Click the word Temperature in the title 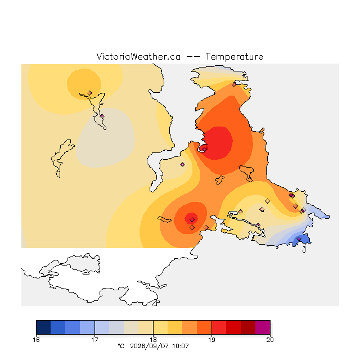click(234, 56)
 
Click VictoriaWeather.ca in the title click(138, 56)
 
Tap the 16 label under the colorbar click(36, 340)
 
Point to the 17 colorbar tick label click(94, 340)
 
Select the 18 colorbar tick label click(153, 340)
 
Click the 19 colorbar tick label click(211, 340)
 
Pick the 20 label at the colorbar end click(270, 340)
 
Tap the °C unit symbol click(121, 346)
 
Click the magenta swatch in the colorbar click(263, 327)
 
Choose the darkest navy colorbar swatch click(43, 327)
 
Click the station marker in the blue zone click(299, 238)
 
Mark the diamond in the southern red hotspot click(192, 220)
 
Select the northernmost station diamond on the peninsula click(234, 85)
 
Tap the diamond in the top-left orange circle click(90, 93)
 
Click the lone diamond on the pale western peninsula click(182, 164)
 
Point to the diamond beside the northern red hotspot click(204, 149)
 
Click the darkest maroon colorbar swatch click(248, 327)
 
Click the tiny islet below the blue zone click(304, 250)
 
